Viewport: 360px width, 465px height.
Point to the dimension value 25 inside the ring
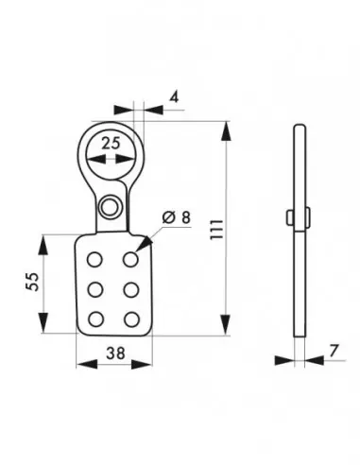tap(111, 143)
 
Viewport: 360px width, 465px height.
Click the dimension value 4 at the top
tap(175, 95)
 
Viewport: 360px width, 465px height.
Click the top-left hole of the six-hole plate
tap(94, 259)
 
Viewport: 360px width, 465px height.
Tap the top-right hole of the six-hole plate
tap(130, 259)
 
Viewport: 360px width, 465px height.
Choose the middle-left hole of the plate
tap(94, 288)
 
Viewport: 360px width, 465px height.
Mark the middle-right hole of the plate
tap(130, 288)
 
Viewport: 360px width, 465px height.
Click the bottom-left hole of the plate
tap(94, 318)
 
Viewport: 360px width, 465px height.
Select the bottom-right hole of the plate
tap(130, 318)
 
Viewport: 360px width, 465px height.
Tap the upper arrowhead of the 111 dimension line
tap(228, 126)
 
